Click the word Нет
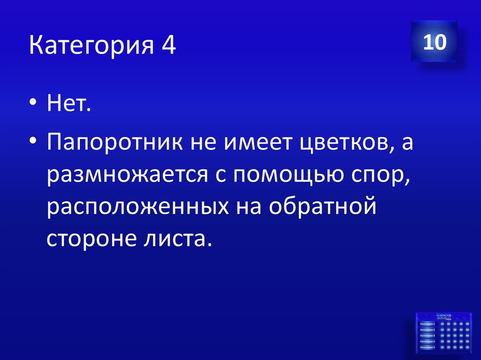[69, 101]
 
